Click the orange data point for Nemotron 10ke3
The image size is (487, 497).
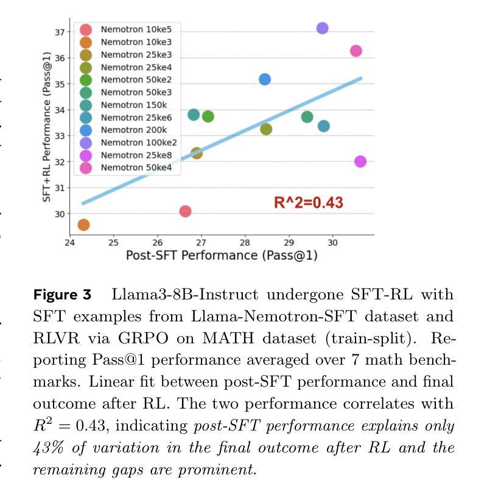pos(83,225)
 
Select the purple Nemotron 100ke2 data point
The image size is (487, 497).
pos(323,28)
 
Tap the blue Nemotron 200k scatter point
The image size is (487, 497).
pos(265,79)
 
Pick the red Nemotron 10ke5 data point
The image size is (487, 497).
pos(186,212)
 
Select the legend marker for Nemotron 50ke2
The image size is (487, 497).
pos(86,80)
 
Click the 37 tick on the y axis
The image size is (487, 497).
pos(59,32)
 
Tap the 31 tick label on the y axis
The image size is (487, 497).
pos(59,188)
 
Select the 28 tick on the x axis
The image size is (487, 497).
pos(245,242)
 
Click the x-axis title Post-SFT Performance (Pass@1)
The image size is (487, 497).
pos(222,256)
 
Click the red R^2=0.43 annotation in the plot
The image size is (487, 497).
pos(309,202)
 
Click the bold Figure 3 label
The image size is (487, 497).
pos(62,295)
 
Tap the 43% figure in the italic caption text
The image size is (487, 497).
pos(47,448)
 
